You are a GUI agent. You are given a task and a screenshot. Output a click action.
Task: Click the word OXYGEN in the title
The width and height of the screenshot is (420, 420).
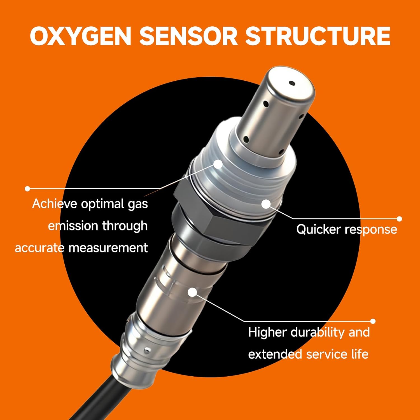(x=81, y=36)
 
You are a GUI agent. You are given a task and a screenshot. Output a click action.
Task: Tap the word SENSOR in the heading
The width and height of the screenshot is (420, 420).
(x=188, y=36)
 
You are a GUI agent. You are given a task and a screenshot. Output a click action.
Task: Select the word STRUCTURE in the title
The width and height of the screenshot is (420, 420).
(x=318, y=36)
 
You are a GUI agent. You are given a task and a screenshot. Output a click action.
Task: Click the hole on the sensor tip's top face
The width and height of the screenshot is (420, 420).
(x=292, y=83)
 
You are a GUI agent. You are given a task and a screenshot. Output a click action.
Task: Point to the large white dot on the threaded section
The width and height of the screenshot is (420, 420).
(x=218, y=164)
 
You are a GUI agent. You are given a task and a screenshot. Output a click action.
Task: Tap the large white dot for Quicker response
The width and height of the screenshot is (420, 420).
(x=266, y=204)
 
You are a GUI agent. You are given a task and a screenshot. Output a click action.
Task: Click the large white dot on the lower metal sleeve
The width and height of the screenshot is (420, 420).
(x=192, y=292)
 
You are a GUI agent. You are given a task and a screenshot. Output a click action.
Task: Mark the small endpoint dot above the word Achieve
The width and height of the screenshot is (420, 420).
(x=27, y=189)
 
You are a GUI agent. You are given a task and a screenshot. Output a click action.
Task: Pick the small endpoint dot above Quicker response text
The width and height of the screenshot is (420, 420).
(x=399, y=219)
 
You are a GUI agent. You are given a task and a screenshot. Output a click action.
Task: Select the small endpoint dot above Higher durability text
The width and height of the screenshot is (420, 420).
(x=373, y=321)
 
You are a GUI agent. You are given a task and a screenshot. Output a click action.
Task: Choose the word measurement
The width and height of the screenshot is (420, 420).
(x=108, y=248)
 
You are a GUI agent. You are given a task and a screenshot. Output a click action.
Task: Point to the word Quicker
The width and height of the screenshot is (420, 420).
(x=318, y=230)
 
